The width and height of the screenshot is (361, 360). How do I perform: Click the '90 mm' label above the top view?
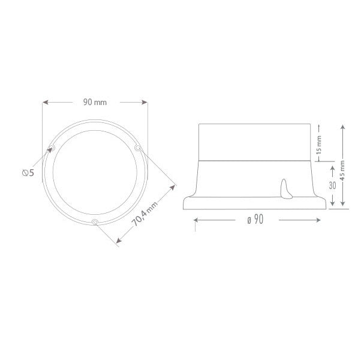(95, 103)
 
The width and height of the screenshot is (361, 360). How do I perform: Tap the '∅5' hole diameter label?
(27, 173)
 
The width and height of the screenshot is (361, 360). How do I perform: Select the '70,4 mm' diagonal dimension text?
(145, 213)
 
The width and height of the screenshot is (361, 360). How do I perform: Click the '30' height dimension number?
(332, 185)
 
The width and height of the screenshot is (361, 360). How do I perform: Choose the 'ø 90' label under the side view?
(255, 220)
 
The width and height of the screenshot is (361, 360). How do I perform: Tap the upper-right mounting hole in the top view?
(137, 148)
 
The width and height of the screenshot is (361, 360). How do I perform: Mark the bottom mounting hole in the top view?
(95, 223)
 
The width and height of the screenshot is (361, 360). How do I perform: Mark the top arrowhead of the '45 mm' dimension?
(342, 127)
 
